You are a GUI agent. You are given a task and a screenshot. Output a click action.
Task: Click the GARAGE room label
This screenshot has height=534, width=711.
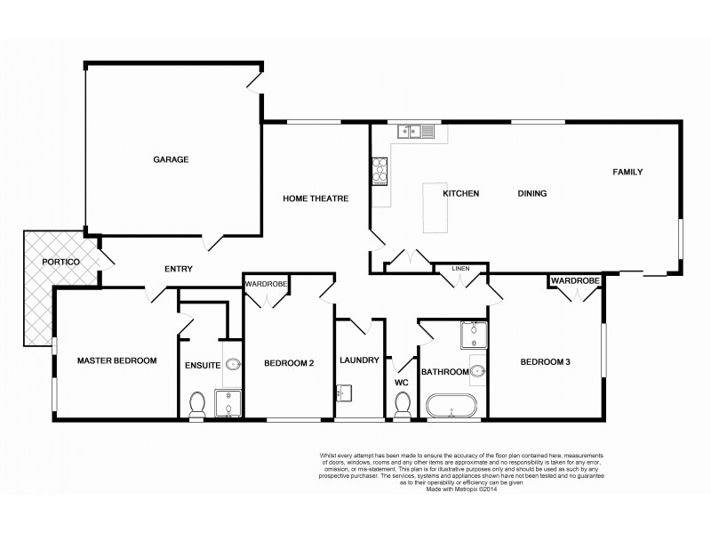tap(171, 159)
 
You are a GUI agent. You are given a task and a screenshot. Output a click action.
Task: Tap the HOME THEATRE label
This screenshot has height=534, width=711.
tap(314, 198)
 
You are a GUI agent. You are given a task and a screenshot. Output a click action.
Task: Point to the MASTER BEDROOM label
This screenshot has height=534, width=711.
tap(116, 360)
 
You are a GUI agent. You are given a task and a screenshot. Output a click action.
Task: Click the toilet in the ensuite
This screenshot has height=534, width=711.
tap(197, 405)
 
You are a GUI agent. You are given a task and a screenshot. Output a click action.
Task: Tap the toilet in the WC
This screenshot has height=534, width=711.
tap(401, 405)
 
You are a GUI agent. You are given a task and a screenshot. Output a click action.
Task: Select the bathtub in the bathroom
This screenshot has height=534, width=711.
tap(453, 408)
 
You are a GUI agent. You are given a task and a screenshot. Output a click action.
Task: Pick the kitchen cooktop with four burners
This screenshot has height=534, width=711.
tap(379, 168)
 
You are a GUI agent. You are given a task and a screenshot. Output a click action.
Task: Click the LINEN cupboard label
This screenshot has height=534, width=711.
tap(460, 267)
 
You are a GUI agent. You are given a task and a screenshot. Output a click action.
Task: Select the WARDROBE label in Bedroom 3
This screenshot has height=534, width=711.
tap(575, 281)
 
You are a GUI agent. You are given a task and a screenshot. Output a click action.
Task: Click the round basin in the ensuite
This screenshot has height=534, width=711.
tap(233, 363)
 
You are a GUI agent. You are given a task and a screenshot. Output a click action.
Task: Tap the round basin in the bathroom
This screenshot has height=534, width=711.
tap(477, 371)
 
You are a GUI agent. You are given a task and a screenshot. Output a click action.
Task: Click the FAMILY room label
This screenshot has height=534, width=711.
tap(626, 172)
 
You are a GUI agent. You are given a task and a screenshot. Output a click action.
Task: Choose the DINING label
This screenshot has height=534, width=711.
tap(531, 193)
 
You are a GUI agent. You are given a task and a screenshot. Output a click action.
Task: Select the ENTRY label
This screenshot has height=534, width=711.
tap(179, 269)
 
